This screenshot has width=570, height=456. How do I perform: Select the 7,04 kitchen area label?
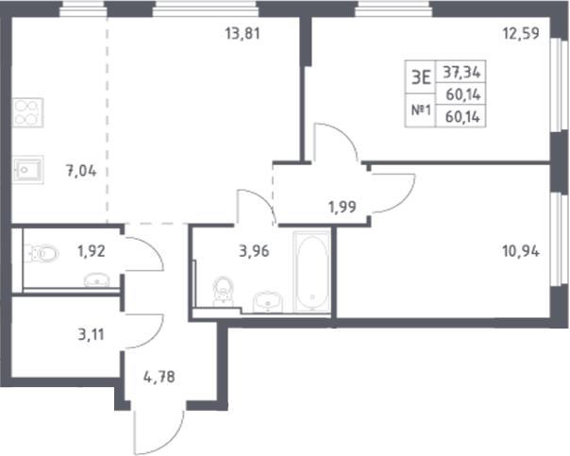click(x=81, y=172)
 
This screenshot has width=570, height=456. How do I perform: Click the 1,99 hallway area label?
click(x=343, y=207)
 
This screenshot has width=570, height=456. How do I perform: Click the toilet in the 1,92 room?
click(x=43, y=252)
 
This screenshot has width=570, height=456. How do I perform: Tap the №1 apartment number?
click(x=421, y=110)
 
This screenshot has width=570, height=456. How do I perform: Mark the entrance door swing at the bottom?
click(x=156, y=430)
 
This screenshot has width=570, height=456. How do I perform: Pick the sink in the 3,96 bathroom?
click(x=267, y=302)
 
